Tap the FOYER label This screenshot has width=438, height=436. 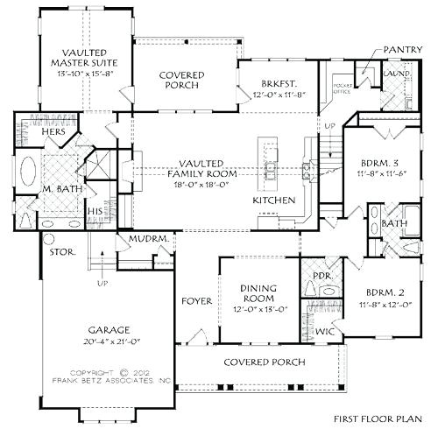coord(195,301)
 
